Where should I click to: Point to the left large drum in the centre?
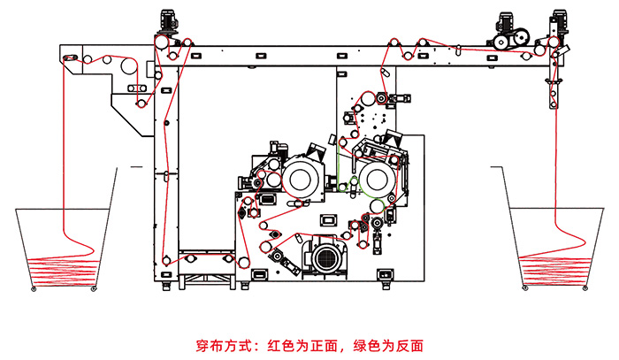[303, 176]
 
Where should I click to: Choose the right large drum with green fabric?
[374, 176]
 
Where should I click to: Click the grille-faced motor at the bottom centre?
[323, 257]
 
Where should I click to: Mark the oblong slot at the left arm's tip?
[72, 58]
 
